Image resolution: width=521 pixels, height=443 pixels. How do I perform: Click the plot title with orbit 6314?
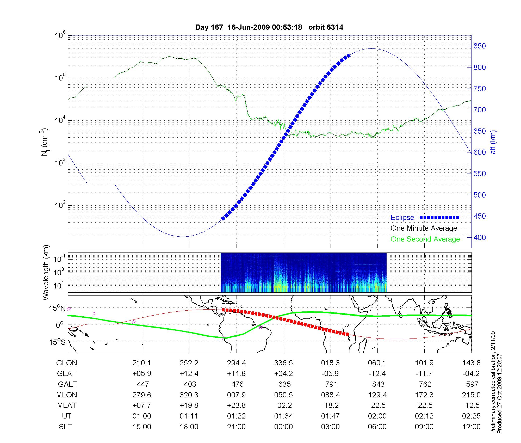(x=269, y=27)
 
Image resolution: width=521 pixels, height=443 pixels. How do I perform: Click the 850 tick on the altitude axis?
(x=480, y=46)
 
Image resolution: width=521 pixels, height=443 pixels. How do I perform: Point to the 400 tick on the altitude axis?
(x=480, y=237)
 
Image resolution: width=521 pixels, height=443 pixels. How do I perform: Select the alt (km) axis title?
(x=493, y=142)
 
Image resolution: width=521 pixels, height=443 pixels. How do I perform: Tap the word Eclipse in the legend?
(x=402, y=218)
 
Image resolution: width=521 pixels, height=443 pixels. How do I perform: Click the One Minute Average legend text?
(x=424, y=228)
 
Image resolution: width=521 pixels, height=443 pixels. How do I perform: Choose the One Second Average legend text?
(x=425, y=239)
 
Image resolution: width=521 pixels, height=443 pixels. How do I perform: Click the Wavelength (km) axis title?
(x=46, y=272)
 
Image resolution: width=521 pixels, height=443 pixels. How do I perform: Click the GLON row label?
(x=67, y=363)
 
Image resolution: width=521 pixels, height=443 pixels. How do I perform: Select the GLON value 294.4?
(x=237, y=363)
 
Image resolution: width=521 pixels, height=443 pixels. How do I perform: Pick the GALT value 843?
(x=378, y=384)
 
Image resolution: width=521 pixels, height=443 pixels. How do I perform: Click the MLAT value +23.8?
(x=237, y=405)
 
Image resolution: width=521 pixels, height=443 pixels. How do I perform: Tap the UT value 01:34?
(x=283, y=416)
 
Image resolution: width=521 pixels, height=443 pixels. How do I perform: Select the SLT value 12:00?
(x=472, y=427)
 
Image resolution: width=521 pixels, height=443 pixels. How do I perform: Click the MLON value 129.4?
(x=377, y=395)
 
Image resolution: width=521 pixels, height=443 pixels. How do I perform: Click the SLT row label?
(x=65, y=427)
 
